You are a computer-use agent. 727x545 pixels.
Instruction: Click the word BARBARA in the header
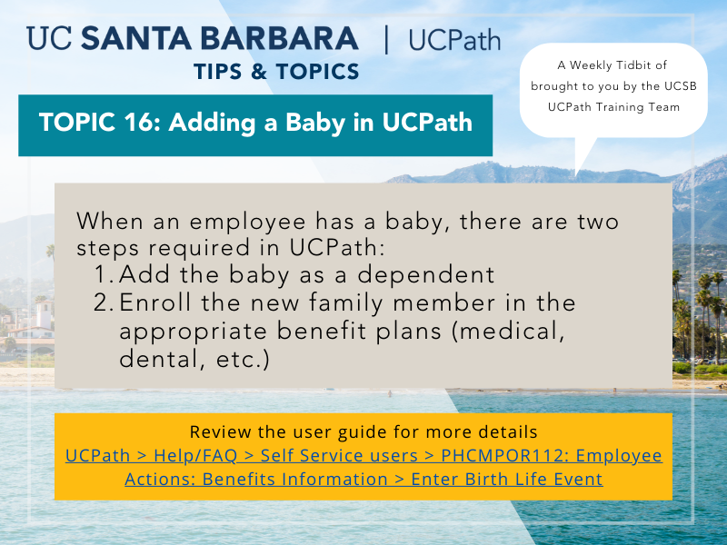click(x=279, y=38)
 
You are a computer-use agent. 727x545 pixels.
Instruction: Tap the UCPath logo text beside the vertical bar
click(x=454, y=40)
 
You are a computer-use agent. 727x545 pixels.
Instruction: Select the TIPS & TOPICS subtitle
click(x=276, y=72)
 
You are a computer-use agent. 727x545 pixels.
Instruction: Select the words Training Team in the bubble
click(x=638, y=107)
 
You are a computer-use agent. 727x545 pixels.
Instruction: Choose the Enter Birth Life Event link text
click(x=507, y=480)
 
